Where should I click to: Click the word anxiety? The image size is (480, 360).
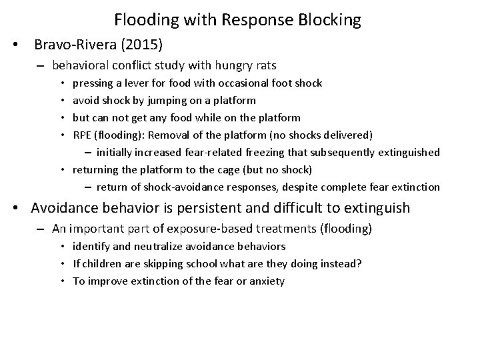coord(267,281)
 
